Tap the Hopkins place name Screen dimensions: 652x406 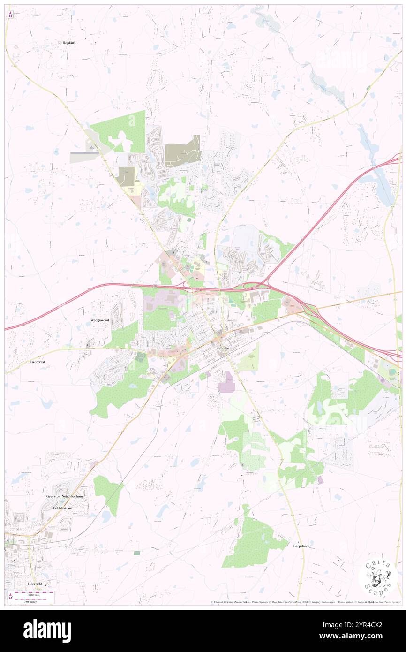click(x=69, y=42)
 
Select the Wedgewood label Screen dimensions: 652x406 click(x=99, y=320)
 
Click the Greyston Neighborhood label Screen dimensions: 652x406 click(x=65, y=496)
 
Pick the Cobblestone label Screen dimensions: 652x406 click(x=63, y=508)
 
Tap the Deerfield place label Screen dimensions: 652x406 click(x=35, y=583)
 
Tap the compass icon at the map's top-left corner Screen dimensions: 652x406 click(x=10, y=15)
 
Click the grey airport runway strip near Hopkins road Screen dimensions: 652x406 click(x=85, y=152)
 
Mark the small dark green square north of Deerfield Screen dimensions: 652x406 click(x=136, y=553)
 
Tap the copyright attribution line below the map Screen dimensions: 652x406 click(x=305, y=602)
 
